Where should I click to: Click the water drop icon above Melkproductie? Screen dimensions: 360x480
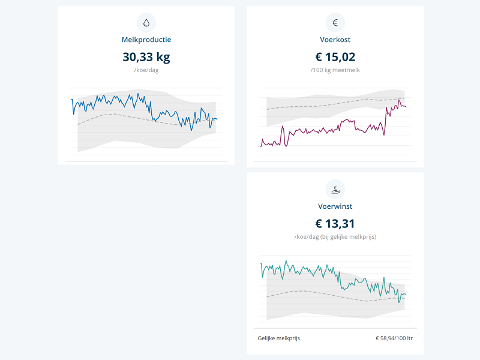pyautogui.click(x=146, y=23)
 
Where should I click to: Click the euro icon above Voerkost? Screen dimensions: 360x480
pyautogui.click(x=335, y=23)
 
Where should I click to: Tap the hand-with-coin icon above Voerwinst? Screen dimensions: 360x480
pyautogui.click(x=335, y=189)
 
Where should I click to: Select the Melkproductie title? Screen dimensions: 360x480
pyautogui.click(x=146, y=40)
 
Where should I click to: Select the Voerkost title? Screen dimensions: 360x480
pyautogui.click(x=335, y=40)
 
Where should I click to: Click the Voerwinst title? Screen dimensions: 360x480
pyautogui.click(x=335, y=206)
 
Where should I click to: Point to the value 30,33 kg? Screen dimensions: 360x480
pyautogui.click(x=146, y=57)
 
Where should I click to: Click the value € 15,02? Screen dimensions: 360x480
pyautogui.click(x=335, y=57)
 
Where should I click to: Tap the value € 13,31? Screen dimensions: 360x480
pyautogui.click(x=335, y=224)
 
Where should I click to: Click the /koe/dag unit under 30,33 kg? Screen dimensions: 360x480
pyautogui.click(x=146, y=70)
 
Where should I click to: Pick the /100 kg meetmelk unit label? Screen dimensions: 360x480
pyautogui.click(x=335, y=70)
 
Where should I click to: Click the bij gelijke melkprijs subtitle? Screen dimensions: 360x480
pyautogui.click(x=335, y=237)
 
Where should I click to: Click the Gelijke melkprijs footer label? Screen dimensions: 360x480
pyautogui.click(x=279, y=338)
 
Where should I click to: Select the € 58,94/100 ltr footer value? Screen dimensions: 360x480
pyautogui.click(x=394, y=338)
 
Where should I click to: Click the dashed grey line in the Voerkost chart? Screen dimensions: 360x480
pyautogui.click(x=312, y=105)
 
